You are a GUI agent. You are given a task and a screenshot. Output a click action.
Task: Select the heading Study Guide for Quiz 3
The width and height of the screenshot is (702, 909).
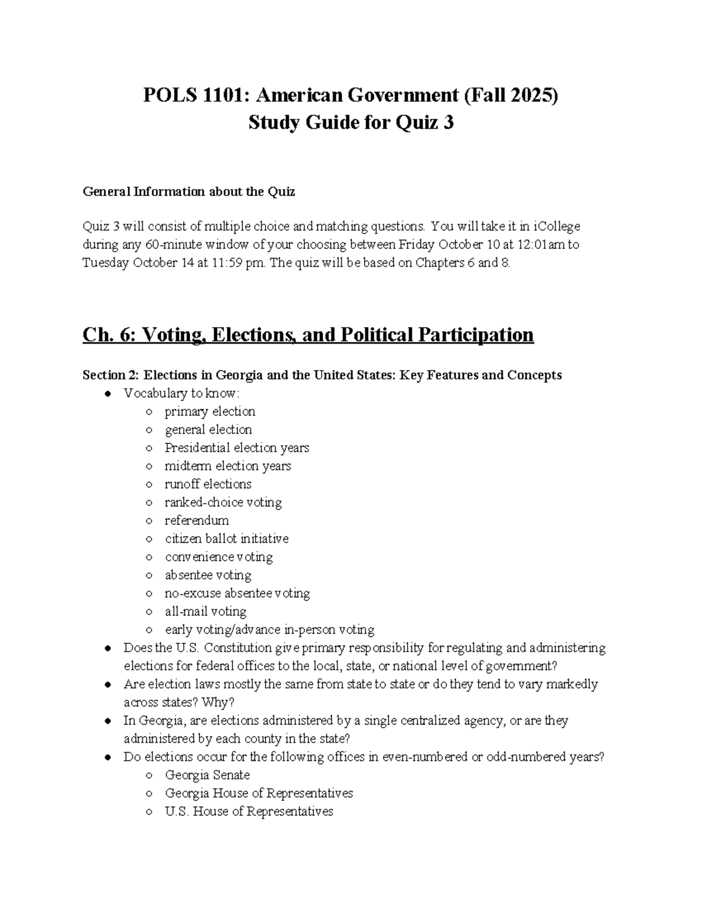point(351,123)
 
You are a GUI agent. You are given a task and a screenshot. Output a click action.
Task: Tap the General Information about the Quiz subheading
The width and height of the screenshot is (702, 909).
point(188,191)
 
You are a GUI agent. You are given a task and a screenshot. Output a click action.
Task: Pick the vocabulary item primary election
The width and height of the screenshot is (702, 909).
point(209,411)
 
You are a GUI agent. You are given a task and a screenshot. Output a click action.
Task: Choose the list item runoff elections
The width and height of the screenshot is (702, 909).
point(208,484)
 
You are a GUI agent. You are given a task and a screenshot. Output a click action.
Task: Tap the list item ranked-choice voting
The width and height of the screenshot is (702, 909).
point(223,502)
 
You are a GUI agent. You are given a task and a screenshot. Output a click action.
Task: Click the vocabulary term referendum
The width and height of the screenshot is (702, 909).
point(197,520)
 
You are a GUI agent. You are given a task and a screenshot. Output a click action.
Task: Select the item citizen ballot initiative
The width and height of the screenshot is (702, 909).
point(226,538)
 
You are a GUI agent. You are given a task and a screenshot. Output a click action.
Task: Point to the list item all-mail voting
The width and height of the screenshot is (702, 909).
point(205,611)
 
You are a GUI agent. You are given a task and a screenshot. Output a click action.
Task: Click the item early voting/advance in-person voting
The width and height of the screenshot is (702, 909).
point(269,630)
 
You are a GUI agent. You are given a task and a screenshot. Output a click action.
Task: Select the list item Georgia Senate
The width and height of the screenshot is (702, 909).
point(207,775)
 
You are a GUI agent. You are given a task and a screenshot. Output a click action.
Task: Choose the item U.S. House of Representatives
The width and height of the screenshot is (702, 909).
point(249,811)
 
